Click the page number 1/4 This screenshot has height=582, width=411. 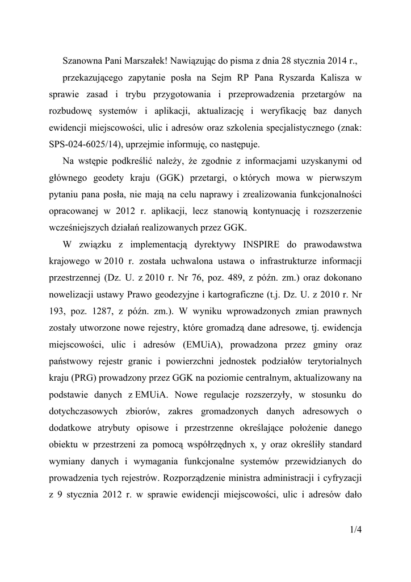pyautogui.click(x=356, y=530)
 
